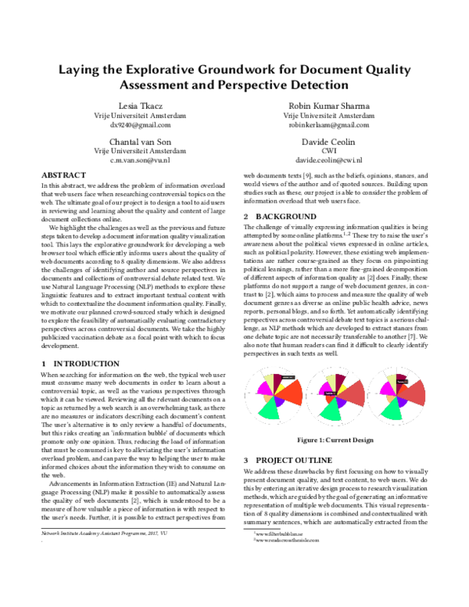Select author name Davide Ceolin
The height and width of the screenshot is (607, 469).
coord(329,142)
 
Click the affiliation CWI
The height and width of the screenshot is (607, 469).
coord(329,151)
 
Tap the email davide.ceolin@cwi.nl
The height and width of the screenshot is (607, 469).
coord(329,160)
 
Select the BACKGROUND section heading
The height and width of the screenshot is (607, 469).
coord(285,216)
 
